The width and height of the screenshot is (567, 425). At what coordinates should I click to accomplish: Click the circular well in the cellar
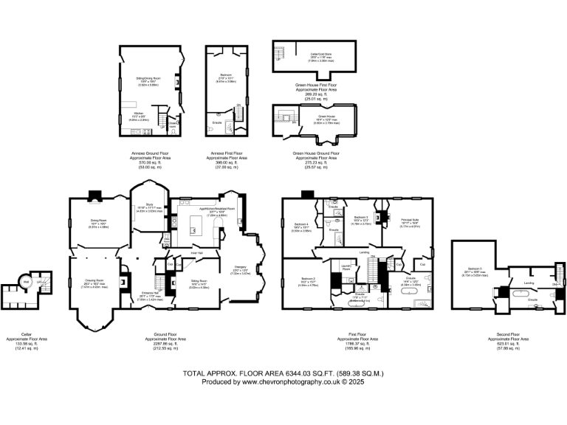click(x=26, y=281)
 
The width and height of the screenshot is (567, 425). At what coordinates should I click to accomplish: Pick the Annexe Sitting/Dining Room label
click(x=148, y=78)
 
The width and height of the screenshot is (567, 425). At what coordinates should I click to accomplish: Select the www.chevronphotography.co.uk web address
click(x=286, y=382)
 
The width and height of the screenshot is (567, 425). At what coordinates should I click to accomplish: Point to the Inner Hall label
click(x=196, y=252)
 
